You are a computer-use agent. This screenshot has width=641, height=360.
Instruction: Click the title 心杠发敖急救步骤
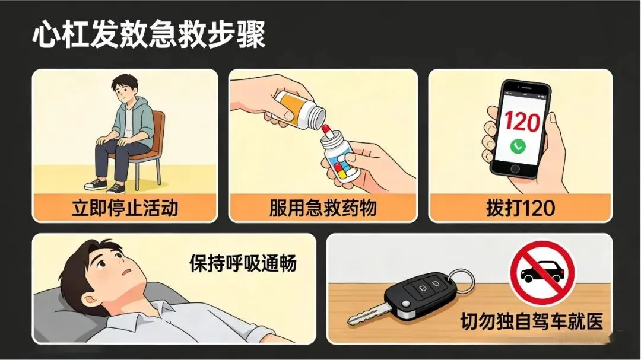pyautogui.click(x=149, y=34)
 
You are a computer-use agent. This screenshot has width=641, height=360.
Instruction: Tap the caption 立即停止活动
pyautogui.click(x=125, y=208)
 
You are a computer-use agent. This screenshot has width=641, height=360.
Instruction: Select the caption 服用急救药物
pyautogui.click(x=323, y=208)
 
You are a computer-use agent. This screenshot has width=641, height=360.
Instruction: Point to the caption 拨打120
pyautogui.click(x=521, y=208)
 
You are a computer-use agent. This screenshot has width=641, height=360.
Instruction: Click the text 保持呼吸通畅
pyautogui.click(x=243, y=263)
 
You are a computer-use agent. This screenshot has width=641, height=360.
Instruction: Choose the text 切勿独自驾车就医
pyautogui.click(x=532, y=321)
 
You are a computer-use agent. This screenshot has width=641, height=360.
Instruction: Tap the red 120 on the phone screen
pyautogui.click(x=521, y=122)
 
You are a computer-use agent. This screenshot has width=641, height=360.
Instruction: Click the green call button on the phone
pyautogui.click(x=518, y=146)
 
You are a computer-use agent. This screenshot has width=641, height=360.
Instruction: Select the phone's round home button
pyautogui.click(x=515, y=169)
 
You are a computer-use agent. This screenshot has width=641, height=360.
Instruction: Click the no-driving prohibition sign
pyautogui.click(x=542, y=273)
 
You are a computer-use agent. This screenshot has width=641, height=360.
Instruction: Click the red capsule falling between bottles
pyautogui.click(x=326, y=131)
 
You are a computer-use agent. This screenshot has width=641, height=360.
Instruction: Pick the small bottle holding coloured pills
pyautogui.click(x=341, y=158)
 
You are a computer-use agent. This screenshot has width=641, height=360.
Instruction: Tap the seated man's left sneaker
pyautogui.click(x=116, y=189)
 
